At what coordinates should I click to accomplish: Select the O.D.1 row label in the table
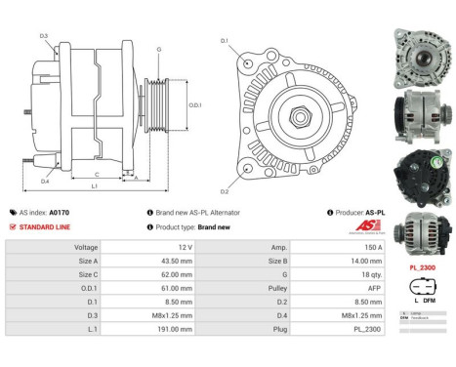pyautogui.click(x=87, y=290)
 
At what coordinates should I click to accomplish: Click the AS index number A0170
pyautogui.click(x=60, y=212)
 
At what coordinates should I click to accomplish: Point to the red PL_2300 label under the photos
pyautogui.click(x=422, y=265)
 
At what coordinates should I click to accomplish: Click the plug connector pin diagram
pyautogui.click(x=422, y=290)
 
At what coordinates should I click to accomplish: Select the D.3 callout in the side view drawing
pyautogui.click(x=44, y=36)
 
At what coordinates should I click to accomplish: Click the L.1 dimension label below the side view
pyautogui.click(x=95, y=185)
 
